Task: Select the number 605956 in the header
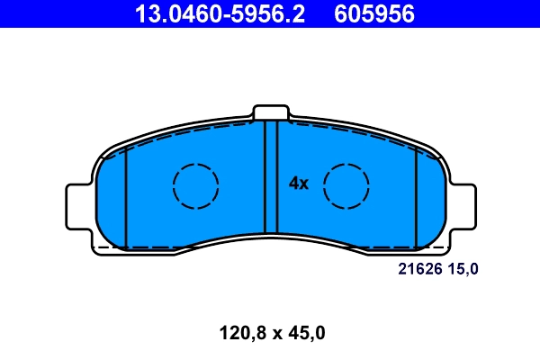[374, 13]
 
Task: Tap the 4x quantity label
[299, 184]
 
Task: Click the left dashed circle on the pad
[195, 186]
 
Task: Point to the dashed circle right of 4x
[346, 186]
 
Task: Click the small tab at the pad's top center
[271, 112]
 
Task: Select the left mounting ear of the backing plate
[79, 205]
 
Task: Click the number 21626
[418, 268]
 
